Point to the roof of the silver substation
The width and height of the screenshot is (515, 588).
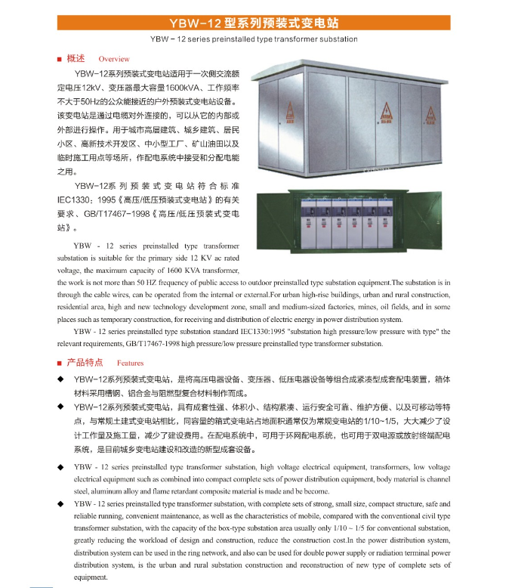(x=356, y=65)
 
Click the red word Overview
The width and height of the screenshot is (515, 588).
(x=114, y=59)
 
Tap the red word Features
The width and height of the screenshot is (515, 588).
(x=130, y=364)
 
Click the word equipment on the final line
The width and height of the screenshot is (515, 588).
(x=91, y=577)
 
